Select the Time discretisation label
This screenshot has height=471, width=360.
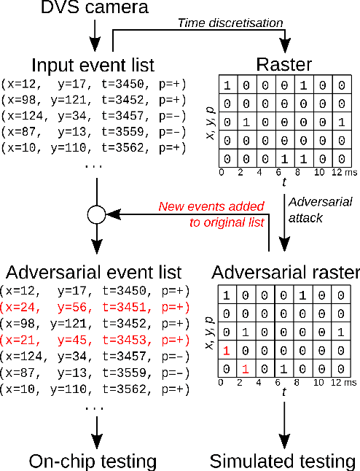pos(230,23)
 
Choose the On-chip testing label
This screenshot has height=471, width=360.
pos(93,461)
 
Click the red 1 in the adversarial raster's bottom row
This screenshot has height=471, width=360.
pos(247,370)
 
